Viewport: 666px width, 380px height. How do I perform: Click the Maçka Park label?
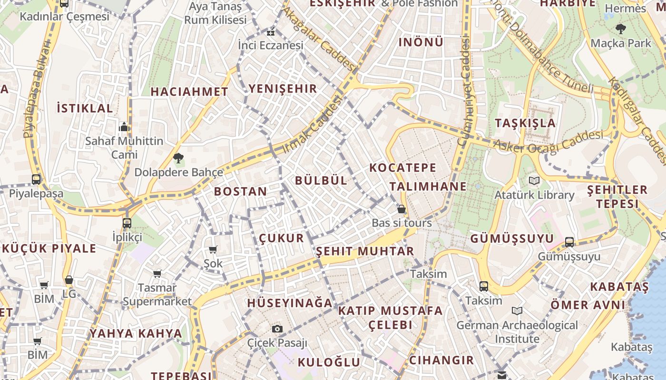[621, 43]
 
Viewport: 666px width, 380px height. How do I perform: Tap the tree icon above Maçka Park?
[620, 29]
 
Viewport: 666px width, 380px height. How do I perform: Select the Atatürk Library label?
[534, 195]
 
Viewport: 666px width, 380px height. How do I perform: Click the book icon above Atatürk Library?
[534, 180]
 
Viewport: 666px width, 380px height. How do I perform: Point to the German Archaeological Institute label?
[517, 332]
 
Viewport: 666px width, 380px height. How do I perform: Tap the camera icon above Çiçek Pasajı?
[277, 329]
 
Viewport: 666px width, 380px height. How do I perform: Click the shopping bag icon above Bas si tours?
[402, 209]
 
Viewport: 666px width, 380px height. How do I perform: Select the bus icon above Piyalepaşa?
[36, 180]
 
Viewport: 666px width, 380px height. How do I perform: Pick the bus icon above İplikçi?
[127, 223]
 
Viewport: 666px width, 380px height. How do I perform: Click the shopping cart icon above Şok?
[213, 249]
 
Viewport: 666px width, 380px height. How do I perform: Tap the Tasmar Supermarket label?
[157, 294]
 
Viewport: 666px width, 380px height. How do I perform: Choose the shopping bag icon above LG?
[69, 280]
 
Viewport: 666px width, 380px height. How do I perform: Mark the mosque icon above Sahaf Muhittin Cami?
[124, 127]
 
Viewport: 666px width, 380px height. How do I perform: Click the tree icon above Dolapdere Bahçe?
[178, 158]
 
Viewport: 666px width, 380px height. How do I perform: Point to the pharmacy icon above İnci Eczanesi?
[271, 33]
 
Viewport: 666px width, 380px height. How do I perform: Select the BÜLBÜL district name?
[321, 180]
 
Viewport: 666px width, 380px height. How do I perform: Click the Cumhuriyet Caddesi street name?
[463, 90]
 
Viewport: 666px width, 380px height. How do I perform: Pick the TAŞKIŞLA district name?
[525, 123]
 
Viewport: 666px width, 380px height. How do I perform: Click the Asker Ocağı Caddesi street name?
[548, 142]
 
